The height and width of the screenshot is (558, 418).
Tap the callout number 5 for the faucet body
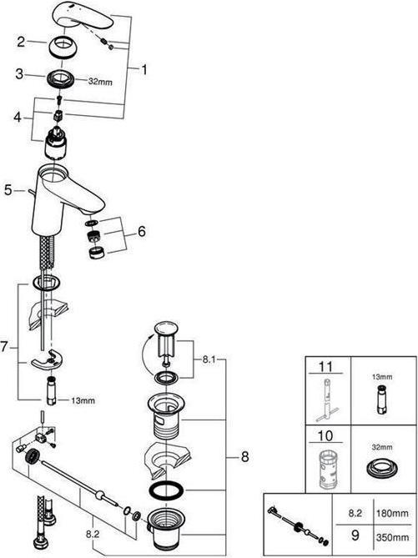tap(8, 190)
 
